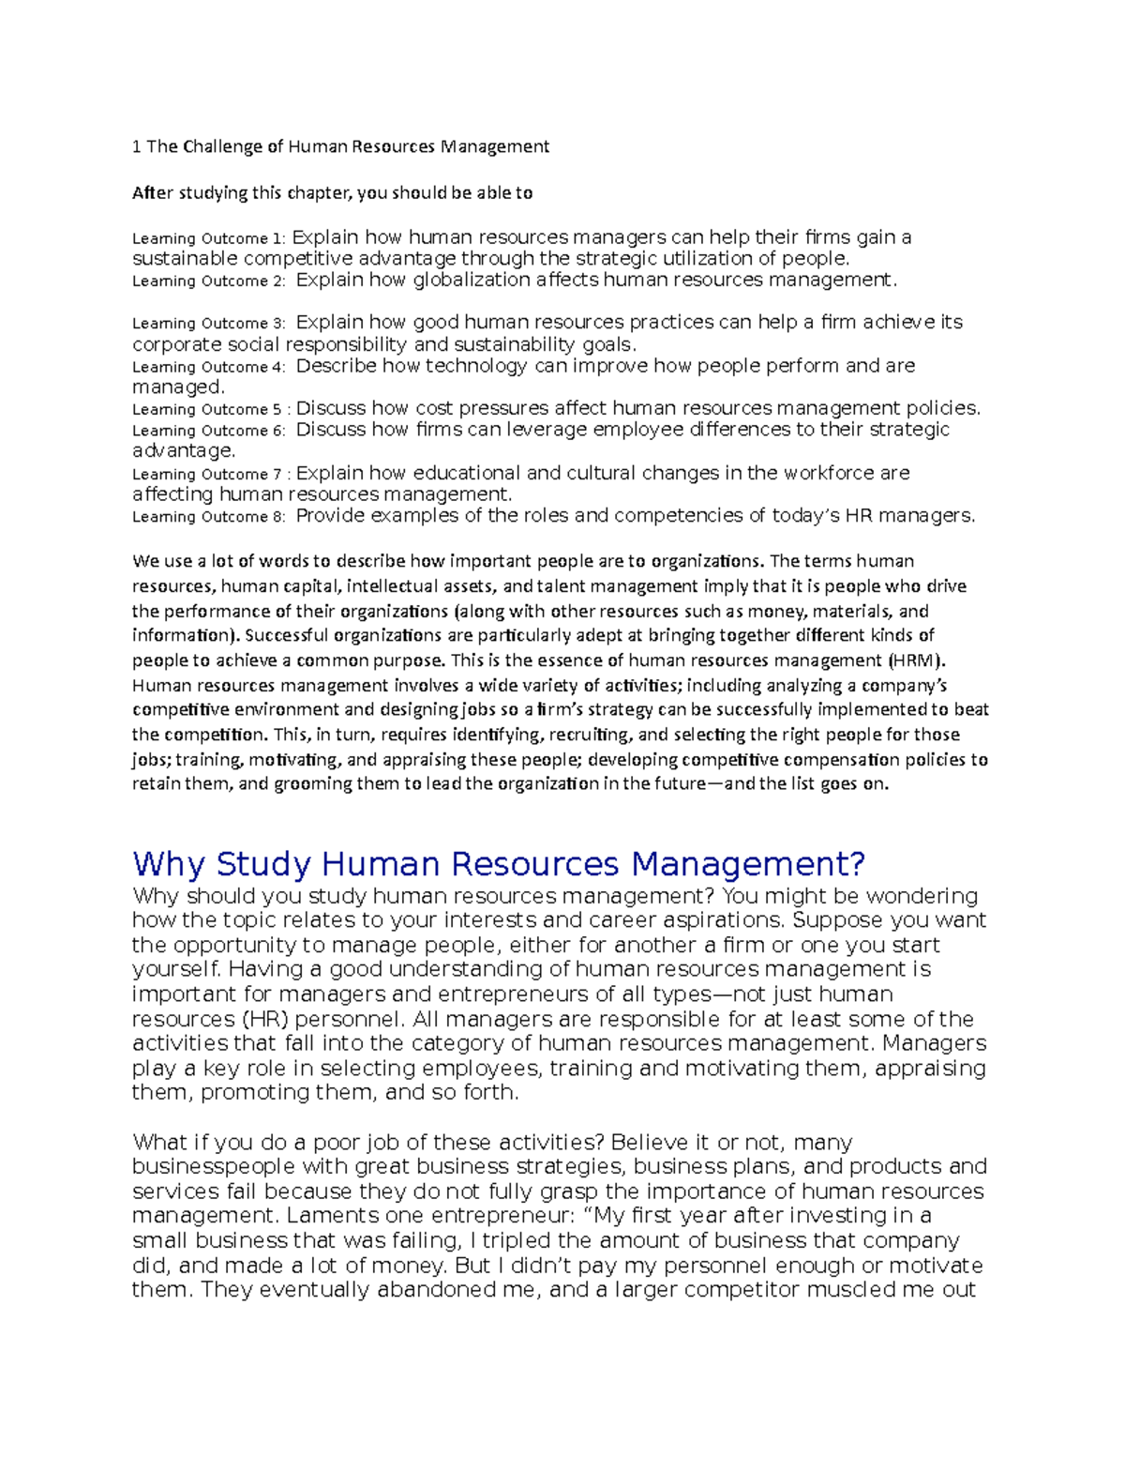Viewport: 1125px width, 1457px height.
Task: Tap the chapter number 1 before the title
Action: [x=137, y=146]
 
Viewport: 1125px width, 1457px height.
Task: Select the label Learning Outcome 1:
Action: [x=207, y=238]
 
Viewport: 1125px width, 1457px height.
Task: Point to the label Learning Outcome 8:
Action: [x=208, y=516]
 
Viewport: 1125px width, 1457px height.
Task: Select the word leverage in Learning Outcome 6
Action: [x=547, y=430]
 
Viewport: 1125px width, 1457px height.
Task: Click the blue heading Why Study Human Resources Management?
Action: [x=499, y=862]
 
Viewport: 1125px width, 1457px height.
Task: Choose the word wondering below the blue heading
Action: [x=922, y=896]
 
